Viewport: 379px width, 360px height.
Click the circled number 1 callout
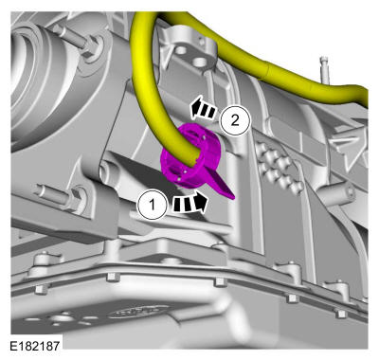[x=153, y=205]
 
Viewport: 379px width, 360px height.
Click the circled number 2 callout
[x=235, y=120]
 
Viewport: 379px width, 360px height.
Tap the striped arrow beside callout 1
[x=190, y=203]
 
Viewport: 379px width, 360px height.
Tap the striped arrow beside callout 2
[x=203, y=109]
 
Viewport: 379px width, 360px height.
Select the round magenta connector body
[x=191, y=158]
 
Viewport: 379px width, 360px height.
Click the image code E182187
[x=35, y=346]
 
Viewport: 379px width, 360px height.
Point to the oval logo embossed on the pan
[x=139, y=313]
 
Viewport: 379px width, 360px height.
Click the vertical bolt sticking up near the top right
[x=325, y=71]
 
